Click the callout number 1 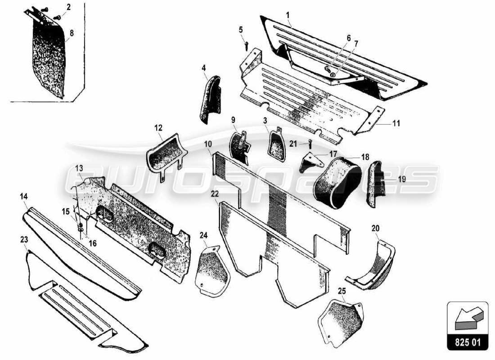tap(287, 15)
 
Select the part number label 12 tap(158, 128)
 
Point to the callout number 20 tap(375, 228)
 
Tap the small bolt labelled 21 tap(310, 144)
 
